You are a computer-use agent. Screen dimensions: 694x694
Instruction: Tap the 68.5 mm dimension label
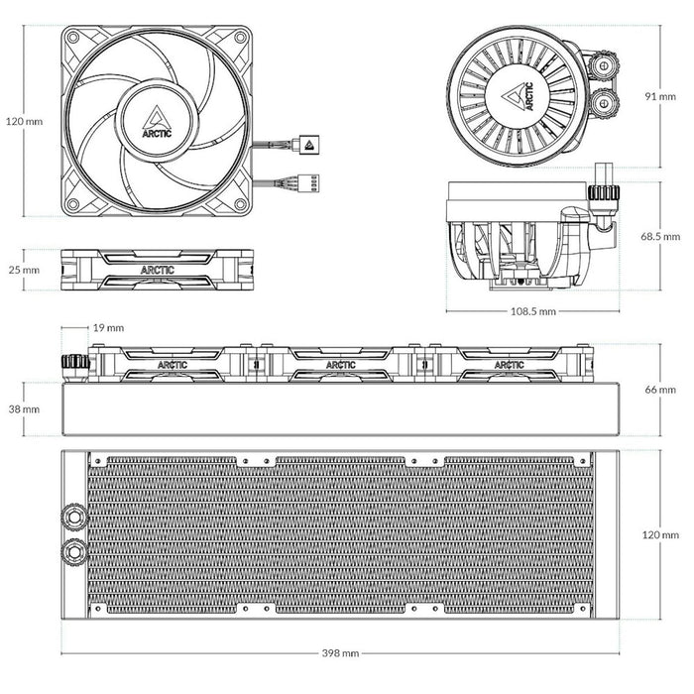click(661, 237)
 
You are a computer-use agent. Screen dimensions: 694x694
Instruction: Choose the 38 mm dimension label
click(25, 408)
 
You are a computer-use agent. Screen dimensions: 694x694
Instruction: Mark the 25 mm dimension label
click(25, 269)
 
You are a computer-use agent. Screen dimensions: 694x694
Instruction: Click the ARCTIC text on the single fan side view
click(157, 269)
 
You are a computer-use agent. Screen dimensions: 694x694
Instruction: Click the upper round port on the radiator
click(73, 516)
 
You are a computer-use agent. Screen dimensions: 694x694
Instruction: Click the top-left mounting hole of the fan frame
click(72, 37)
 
